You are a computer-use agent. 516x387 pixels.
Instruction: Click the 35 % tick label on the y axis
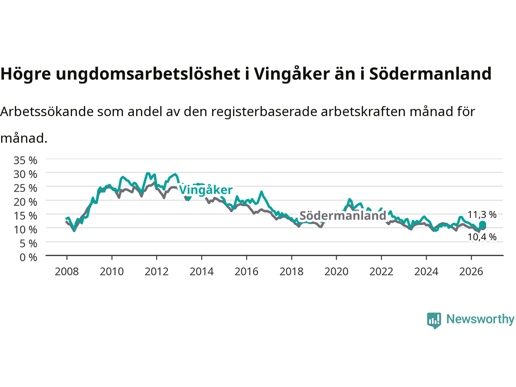[x=25, y=160]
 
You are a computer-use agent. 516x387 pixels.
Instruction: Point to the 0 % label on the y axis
[x=29, y=258]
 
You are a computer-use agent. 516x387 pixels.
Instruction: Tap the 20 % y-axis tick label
[x=25, y=202]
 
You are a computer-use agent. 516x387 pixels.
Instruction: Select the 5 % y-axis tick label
[x=29, y=243]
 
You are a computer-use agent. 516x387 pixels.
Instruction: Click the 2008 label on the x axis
[x=67, y=272]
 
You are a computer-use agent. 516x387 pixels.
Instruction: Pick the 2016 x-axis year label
[x=246, y=272]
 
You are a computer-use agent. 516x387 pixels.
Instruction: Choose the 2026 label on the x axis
[x=471, y=272]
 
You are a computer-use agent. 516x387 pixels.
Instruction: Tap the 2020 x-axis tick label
[x=336, y=272]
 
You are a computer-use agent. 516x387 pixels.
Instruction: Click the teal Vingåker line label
[x=206, y=190]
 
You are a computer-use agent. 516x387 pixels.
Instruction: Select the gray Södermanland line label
[x=343, y=215]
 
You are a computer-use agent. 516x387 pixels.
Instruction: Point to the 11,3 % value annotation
[x=482, y=214]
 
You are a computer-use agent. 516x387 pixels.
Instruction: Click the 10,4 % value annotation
[x=482, y=237]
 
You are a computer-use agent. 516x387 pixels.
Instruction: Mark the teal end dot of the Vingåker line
[x=483, y=224]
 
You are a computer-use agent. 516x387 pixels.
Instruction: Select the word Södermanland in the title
[x=430, y=73]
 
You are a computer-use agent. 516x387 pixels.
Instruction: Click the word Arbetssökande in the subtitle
[x=47, y=112]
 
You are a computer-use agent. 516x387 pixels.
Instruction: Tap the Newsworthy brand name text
[x=480, y=319]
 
